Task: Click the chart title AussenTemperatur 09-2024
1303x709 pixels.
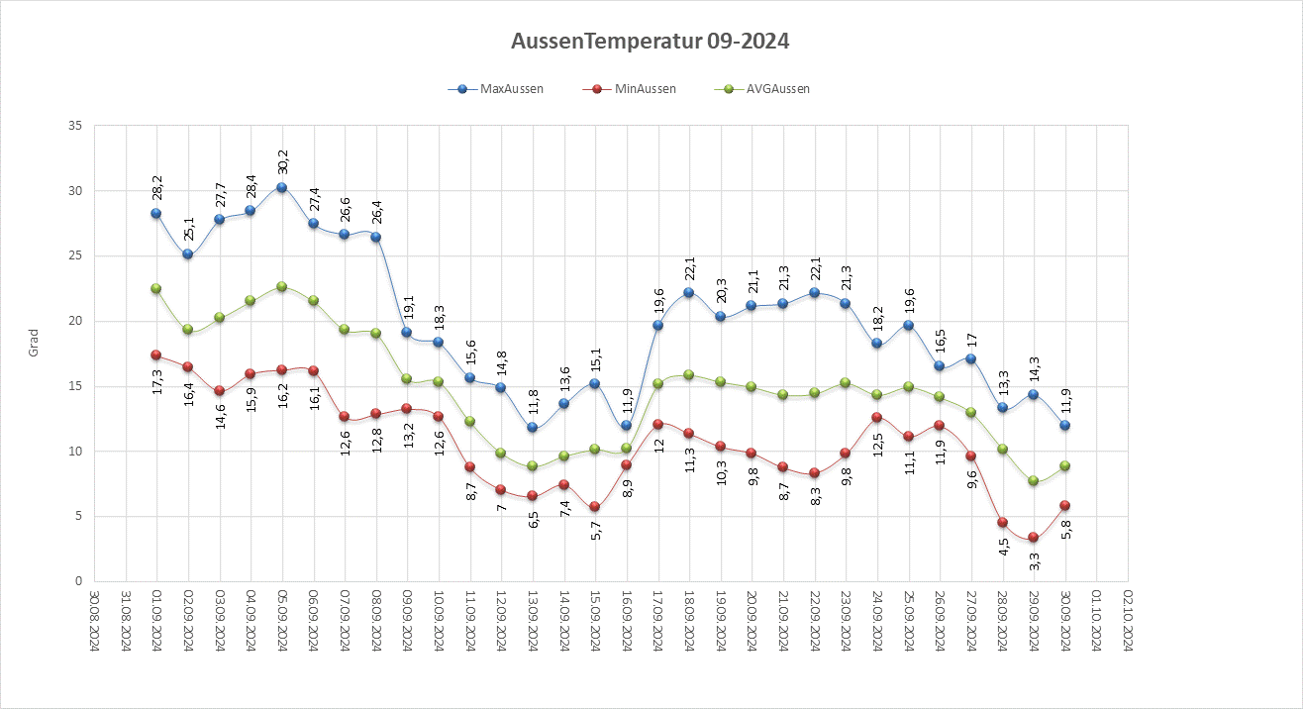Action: click(651, 42)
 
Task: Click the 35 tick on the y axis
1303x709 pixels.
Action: click(74, 126)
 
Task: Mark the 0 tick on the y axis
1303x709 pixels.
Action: click(77, 581)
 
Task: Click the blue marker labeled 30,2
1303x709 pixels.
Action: click(282, 187)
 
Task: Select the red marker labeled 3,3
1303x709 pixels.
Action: click(1034, 538)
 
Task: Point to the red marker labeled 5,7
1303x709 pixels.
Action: click(595, 507)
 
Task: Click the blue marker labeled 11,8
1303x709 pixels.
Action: click(533, 428)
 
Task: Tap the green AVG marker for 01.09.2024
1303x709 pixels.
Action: click(156, 288)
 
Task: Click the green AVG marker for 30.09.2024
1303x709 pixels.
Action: click(1065, 465)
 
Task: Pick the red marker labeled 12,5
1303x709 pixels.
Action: click(877, 418)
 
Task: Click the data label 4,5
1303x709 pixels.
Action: click(1002, 549)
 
